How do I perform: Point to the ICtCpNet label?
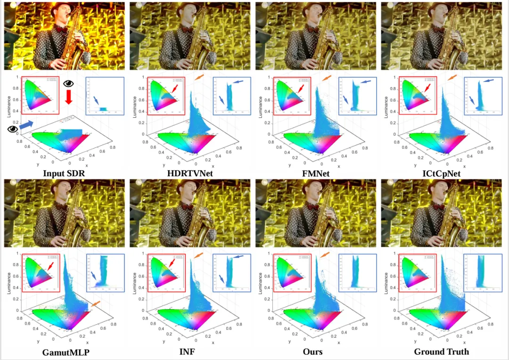click(x=442, y=173)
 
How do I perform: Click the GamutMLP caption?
click(x=66, y=352)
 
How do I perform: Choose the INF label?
click(x=191, y=352)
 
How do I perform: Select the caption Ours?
click(x=317, y=352)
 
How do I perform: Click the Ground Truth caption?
click(x=442, y=352)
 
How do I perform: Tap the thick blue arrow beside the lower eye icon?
click(x=27, y=125)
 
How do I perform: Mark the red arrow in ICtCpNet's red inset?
click(x=427, y=88)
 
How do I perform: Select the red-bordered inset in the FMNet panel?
click(x=292, y=96)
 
